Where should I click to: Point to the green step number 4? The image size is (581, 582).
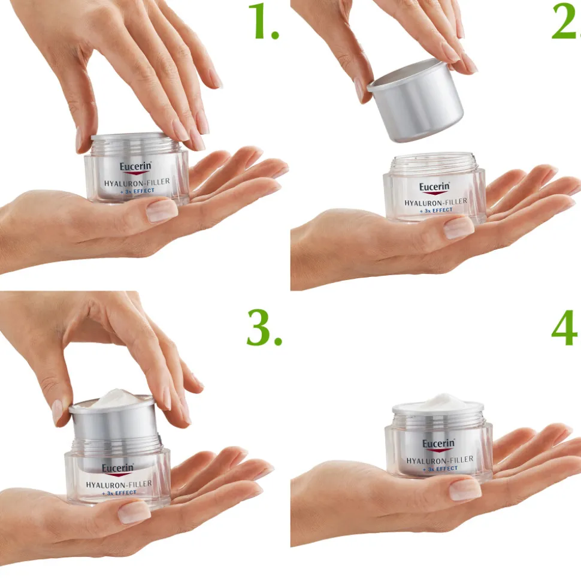point(565,329)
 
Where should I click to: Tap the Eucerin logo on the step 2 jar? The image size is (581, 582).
point(434,187)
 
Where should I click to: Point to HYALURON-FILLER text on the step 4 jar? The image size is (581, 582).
point(440,460)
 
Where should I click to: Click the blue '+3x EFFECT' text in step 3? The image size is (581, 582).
point(119,492)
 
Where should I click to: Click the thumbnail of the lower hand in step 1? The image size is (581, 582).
point(162,211)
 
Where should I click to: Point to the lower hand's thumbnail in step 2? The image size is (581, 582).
point(459,228)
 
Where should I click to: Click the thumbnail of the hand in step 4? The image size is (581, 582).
point(465,490)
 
